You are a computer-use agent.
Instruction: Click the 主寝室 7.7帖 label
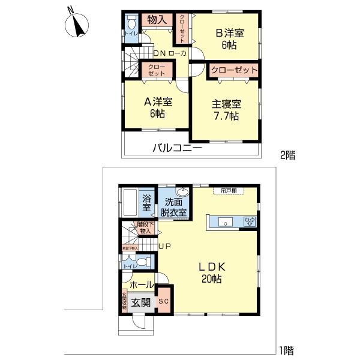(x=225, y=110)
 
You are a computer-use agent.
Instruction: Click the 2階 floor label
(x=287, y=155)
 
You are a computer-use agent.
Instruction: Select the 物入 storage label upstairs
(x=157, y=20)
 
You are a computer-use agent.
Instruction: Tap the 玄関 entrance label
(x=141, y=302)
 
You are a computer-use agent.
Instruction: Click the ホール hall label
(x=142, y=285)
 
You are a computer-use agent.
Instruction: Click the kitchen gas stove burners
(x=250, y=222)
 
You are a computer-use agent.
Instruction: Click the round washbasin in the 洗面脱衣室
(x=183, y=193)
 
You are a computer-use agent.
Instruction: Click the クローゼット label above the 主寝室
(x=234, y=71)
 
